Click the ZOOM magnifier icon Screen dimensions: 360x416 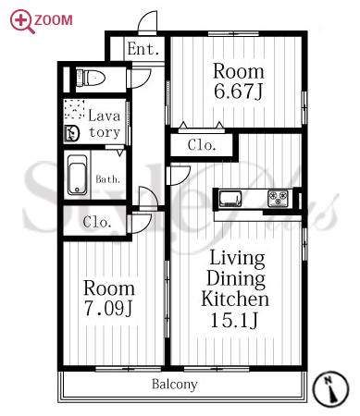[21, 21]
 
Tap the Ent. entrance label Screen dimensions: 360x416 [143, 49]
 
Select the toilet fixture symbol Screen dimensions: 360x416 [91, 78]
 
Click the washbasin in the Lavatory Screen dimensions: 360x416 [72, 134]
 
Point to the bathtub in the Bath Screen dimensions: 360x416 [77, 175]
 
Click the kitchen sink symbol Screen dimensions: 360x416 [230, 199]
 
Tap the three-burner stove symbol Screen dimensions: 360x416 [278, 199]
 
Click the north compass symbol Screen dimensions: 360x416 [330, 389]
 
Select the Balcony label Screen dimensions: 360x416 [175, 385]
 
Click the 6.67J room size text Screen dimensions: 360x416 [238, 92]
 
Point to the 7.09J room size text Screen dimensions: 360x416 [108, 308]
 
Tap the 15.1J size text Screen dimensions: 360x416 [234, 320]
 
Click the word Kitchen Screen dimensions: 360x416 [235, 299]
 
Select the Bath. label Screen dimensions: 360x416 [107, 179]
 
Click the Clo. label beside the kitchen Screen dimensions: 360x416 [202, 145]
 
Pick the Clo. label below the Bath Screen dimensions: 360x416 [97, 222]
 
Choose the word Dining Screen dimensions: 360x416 [236, 278]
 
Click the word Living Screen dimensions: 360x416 [237, 258]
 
